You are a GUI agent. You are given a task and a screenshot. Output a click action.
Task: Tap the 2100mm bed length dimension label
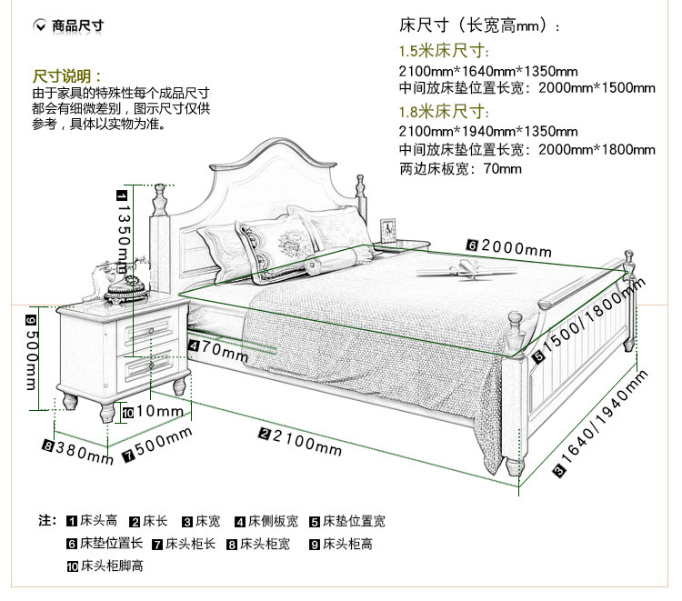tap(301, 442)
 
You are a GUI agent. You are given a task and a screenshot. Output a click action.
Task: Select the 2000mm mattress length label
tap(509, 248)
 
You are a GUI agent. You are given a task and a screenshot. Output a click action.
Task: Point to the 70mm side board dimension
tap(218, 351)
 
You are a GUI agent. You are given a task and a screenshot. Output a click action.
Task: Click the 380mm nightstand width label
tap(78, 452)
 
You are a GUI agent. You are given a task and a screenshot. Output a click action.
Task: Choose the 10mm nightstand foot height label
tap(152, 411)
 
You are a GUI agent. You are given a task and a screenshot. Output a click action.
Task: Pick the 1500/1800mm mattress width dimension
tap(589, 320)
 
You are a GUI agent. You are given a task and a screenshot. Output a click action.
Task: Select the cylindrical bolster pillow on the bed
tap(335, 259)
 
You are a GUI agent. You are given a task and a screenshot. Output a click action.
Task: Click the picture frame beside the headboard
tap(388, 230)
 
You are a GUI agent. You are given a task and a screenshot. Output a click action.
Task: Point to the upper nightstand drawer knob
tap(151, 331)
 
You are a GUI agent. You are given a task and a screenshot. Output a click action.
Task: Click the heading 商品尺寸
tap(78, 25)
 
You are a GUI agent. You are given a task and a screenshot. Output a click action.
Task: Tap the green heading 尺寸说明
tap(67, 76)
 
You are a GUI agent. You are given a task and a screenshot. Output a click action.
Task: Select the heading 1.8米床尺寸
tap(444, 112)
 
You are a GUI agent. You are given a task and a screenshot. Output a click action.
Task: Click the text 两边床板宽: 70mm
tap(460, 169)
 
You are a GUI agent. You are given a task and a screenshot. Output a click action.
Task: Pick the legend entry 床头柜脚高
tap(105, 566)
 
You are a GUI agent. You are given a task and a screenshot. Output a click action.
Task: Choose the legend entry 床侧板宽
tap(266, 521)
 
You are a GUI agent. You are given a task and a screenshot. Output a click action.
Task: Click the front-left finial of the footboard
tap(516, 324)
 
